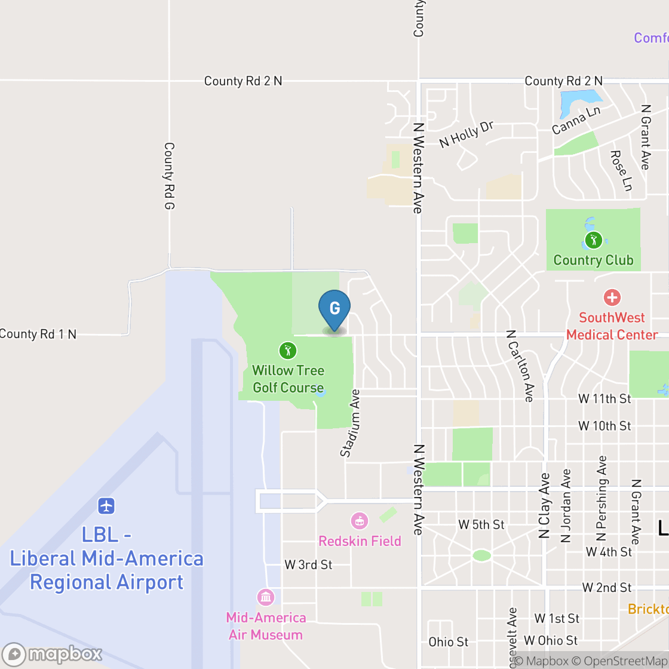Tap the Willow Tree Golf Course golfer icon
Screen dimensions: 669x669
(x=287, y=351)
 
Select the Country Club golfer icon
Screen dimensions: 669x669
(x=593, y=240)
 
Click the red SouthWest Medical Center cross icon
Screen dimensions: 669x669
(x=612, y=297)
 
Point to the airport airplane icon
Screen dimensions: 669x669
(x=106, y=506)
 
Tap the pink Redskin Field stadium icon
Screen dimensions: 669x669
(x=359, y=521)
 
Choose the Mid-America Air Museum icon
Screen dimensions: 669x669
(x=265, y=597)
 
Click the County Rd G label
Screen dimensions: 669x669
(x=169, y=176)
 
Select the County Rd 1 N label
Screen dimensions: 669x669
(x=38, y=334)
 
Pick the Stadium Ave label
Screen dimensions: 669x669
(x=351, y=424)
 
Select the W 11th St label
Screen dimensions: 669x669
(x=604, y=398)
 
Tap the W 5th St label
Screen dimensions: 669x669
(x=481, y=524)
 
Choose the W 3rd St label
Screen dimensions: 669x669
(x=308, y=564)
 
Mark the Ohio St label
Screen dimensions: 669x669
(x=449, y=642)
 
